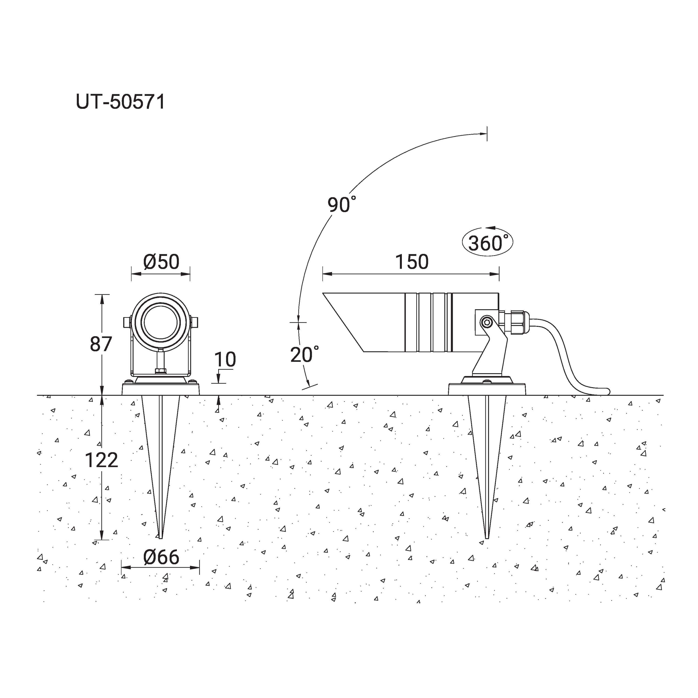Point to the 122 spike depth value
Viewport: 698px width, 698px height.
pos(101,460)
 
